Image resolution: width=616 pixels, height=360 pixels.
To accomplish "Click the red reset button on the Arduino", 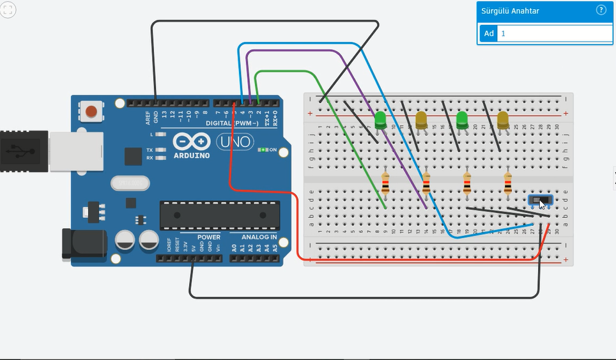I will (91, 111).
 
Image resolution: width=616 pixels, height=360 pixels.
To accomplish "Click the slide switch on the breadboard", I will (541, 200).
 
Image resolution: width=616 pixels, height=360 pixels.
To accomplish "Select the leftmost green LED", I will (380, 119).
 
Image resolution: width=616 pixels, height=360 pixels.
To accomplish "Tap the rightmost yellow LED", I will (503, 119).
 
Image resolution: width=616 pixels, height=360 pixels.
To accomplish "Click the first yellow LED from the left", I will (421, 119).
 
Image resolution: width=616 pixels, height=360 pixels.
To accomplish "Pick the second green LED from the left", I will (462, 119).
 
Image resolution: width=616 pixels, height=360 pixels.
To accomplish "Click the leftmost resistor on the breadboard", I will (385, 184).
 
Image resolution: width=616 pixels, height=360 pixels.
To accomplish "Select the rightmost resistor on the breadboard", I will (508, 184).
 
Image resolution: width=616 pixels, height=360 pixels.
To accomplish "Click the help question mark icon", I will (601, 10).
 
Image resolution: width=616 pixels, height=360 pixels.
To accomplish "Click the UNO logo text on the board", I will (234, 141).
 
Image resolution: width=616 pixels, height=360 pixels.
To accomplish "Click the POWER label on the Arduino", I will (208, 237).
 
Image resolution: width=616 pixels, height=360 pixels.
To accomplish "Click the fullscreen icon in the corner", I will (9, 10).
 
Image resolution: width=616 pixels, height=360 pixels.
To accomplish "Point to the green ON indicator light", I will (263, 150).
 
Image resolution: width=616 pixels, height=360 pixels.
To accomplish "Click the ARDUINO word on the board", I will (190, 155).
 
